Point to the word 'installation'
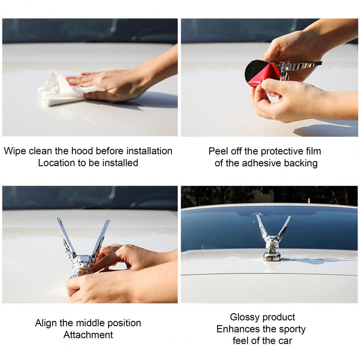149,151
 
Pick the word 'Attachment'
88,335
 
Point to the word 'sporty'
292,329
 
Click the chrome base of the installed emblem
272,256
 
